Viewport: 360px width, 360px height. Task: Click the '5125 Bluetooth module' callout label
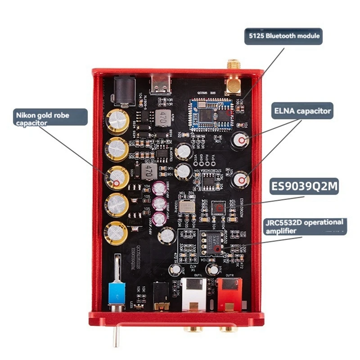(x=283, y=36)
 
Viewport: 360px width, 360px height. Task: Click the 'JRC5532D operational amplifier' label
(x=304, y=226)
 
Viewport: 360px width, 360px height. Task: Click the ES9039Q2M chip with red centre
(x=218, y=208)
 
